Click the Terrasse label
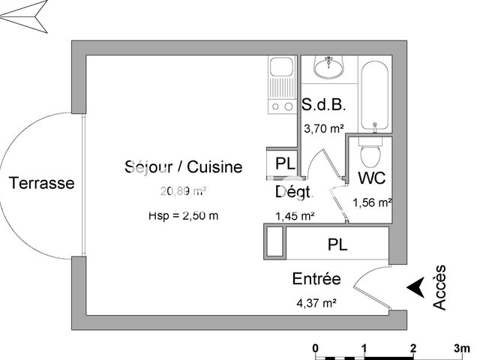coord(41,182)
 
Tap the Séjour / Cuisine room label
coord(183,166)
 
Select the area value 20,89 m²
coord(182,190)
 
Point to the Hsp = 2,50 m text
coord(183,216)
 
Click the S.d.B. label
coord(322,106)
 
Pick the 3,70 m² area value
coord(322,128)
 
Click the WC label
coord(372,178)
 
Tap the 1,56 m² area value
coord(372,202)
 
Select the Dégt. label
coord(293,192)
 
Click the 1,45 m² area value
coord(295,216)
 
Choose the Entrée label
coord(316,280)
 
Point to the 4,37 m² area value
coord(316,303)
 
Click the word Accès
coord(440,287)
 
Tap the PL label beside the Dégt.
coord(284,163)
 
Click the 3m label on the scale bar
coord(460,349)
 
